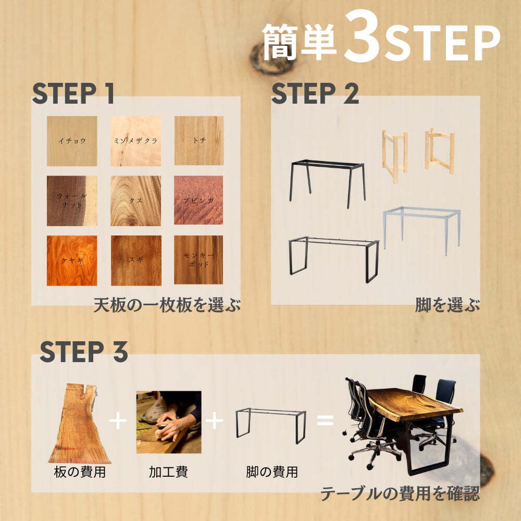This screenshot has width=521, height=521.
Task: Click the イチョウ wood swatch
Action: (72, 141)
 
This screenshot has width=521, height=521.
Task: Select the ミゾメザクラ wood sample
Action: (135, 141)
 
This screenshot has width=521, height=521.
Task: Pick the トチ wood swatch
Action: (199, 141)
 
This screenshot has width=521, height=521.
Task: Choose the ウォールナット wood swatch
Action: (72, 201)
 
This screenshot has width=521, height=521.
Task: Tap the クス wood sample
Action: (135, 201)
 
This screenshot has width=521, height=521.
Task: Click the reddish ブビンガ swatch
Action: (199, 200)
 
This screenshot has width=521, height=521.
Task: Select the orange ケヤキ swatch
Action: (72, 260)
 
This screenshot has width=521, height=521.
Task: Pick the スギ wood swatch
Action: (136, 260)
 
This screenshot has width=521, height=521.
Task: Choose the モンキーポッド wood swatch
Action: (199, 260)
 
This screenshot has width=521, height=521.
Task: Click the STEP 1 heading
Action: (73, 93)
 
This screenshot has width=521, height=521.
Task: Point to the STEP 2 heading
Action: (315, 93)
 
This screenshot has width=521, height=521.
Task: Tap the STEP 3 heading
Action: (84, 351)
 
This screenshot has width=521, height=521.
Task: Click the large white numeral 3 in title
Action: (362, 36)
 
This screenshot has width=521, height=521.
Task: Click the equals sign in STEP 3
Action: (325, 420)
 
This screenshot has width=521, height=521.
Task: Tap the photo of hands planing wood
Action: (169, 422)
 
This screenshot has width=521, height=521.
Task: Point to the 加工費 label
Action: (168, 472)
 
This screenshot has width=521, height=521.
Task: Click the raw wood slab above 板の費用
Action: (80, 424)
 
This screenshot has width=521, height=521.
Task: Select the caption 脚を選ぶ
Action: (448, 305)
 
